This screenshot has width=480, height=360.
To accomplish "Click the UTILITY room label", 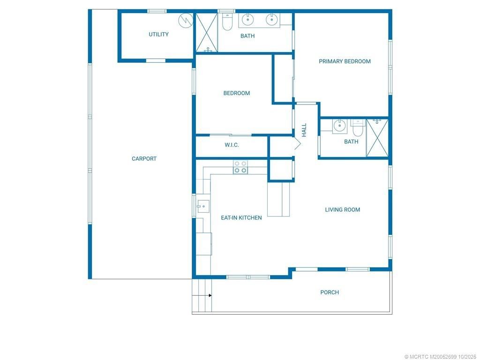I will pyautogui.click(x=158, y=34).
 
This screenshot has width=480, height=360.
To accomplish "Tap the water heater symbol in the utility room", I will pyautogui.click(x=186, y=20).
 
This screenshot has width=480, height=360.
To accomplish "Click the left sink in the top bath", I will pyautogui.click(x=247, y=20).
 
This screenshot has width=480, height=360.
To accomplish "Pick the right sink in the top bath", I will pyautogui.click(x=271, y=20).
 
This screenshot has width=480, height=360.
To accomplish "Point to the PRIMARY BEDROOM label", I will pyautogui.click(x=345, y=61).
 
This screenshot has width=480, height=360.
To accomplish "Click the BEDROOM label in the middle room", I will pyautogui.click(x=236, y=93).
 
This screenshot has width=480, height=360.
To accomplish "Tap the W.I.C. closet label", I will pyautogui.click(x=232, y=145).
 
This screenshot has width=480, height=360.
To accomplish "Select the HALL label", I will pyautogui.click(x=304, y=129).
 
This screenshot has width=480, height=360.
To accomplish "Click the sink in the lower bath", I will pyautogui.click(x=339, y=126).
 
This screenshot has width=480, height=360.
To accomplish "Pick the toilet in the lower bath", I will pyautogui.click(x=358, y=127).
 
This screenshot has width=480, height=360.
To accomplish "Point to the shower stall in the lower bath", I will pyautogui.click(x=377, y=138).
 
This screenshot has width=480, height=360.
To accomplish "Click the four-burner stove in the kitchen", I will pyautogui.click(x=240, y=167).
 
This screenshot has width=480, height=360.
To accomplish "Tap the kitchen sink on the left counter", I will pyautogui.click(x=202, y=206).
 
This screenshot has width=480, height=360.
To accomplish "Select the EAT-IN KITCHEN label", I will pyautogui.click(x=241, y=217).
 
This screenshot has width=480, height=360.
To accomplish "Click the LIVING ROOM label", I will pyautogui.click(x=342, y=210).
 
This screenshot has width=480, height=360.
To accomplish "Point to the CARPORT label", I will pyautogui.click(x=144, y=159).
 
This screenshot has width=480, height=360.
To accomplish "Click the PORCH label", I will pyautogui.click(x=330, y=292).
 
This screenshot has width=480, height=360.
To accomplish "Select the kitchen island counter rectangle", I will pyautogui.click(x=278, y=199).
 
